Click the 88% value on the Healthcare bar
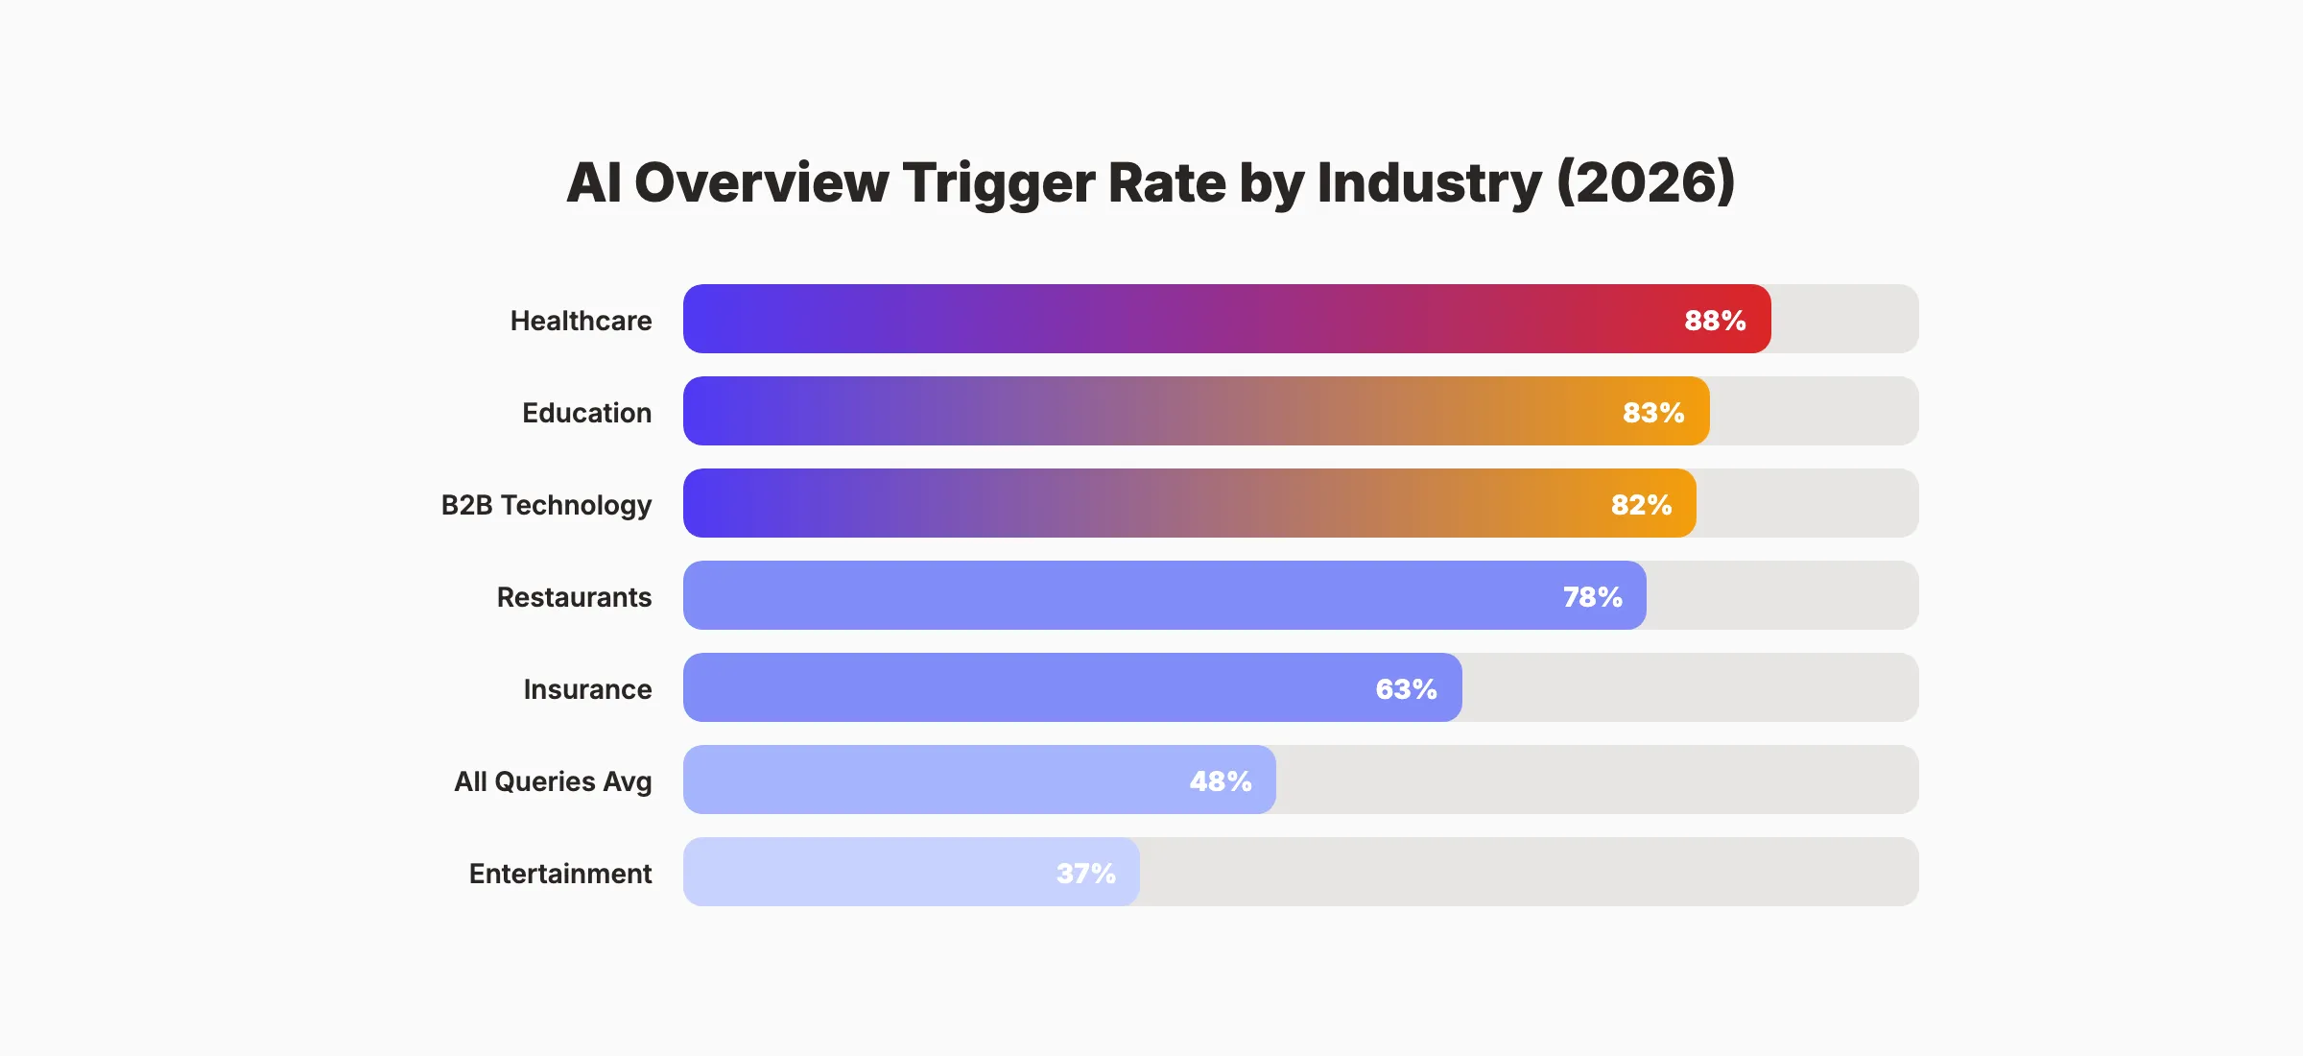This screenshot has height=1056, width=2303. tap(1715, 320)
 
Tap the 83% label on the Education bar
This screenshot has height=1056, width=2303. tap(1653, 412)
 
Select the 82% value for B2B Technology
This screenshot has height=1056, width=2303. tap(1641, 504)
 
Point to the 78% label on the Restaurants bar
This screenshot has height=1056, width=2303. tap(1592, 596)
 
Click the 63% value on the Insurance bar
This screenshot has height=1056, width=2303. tap(1406, 688)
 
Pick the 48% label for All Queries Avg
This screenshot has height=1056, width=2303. tap(1221, 780)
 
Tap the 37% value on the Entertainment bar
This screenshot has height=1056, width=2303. tap(1085, 873)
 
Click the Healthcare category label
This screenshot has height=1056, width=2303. tap(581, 320)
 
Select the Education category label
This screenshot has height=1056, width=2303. tap(586, 412)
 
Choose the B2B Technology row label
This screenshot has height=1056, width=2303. tap(546, 504)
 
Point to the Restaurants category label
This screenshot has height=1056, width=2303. tap(574, 596)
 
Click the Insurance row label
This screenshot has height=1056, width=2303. tap(587, 688)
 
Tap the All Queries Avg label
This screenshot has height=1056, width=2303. tap(553, 780)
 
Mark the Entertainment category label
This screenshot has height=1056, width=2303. tap(560, 873)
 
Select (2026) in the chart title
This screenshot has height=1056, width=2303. tap(1645, 182)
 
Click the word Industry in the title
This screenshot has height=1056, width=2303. tap(1429, 182)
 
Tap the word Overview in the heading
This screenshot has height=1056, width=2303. tap(761, 182)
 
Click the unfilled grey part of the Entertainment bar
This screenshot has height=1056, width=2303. tap(1526, 872)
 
